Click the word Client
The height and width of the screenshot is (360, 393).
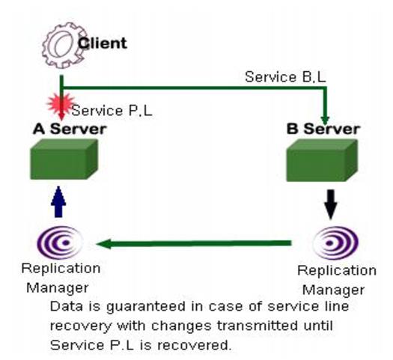[103, 43]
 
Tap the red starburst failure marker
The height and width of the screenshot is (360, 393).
[61, 104]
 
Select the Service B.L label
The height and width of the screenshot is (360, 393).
[285, 77]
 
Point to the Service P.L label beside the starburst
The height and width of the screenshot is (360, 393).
[112, 111]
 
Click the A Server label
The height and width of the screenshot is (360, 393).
[70, 129]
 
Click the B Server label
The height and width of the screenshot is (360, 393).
[323, 129]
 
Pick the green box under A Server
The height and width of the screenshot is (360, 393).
[64, 159]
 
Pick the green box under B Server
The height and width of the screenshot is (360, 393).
[322, 160]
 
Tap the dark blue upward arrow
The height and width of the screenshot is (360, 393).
[58, 202]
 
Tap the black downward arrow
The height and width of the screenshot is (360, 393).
[331, 204]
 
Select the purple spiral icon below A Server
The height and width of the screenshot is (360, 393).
[60, 242]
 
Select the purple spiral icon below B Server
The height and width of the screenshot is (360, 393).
[336, 242]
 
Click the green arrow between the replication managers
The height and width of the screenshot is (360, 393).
[194, 243]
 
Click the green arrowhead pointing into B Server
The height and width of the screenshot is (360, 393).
[325, 120]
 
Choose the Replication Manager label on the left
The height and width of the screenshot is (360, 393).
[61, 278]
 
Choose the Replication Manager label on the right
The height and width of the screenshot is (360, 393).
[337, 280]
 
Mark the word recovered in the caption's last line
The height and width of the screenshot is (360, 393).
[194, 345]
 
